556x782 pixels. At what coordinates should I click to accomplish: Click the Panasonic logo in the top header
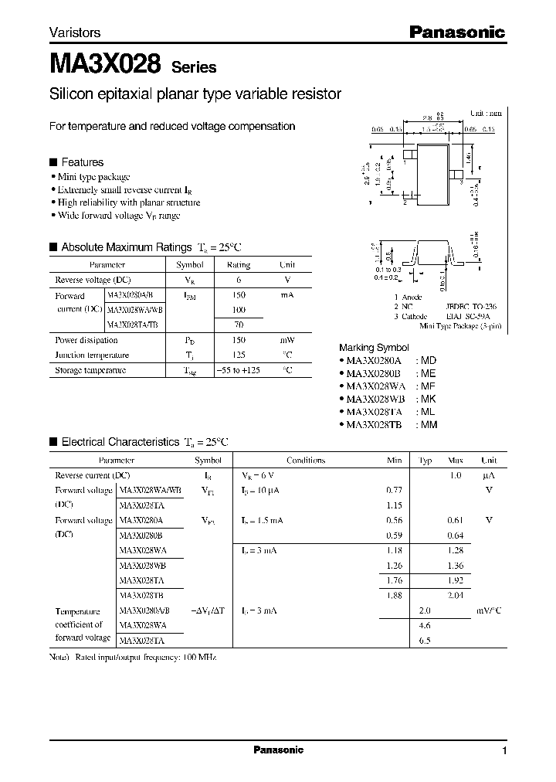click(x=456, y=32)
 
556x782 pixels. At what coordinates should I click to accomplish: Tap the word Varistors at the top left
click(x=75, y=33)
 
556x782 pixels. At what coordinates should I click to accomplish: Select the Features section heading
click(x=82, y=162)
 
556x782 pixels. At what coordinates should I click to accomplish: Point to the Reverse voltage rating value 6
click(x=238, y=280)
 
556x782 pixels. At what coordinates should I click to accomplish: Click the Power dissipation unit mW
click(x=286, y=340)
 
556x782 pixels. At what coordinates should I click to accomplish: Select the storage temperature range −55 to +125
click(x=238, y=370)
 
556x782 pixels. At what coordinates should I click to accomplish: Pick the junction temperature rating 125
click(x=238, y=355)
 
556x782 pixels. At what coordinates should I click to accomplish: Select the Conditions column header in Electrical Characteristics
click(x=306, y=461)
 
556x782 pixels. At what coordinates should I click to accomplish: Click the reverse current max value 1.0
click(x=455, y=475)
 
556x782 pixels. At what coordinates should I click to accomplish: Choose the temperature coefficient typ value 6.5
click(x=425, y=640)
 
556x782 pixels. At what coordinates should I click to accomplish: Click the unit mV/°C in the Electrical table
click(x=488, y=610)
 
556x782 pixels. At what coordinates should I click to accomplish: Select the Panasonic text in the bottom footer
click(x=278, y=750)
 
